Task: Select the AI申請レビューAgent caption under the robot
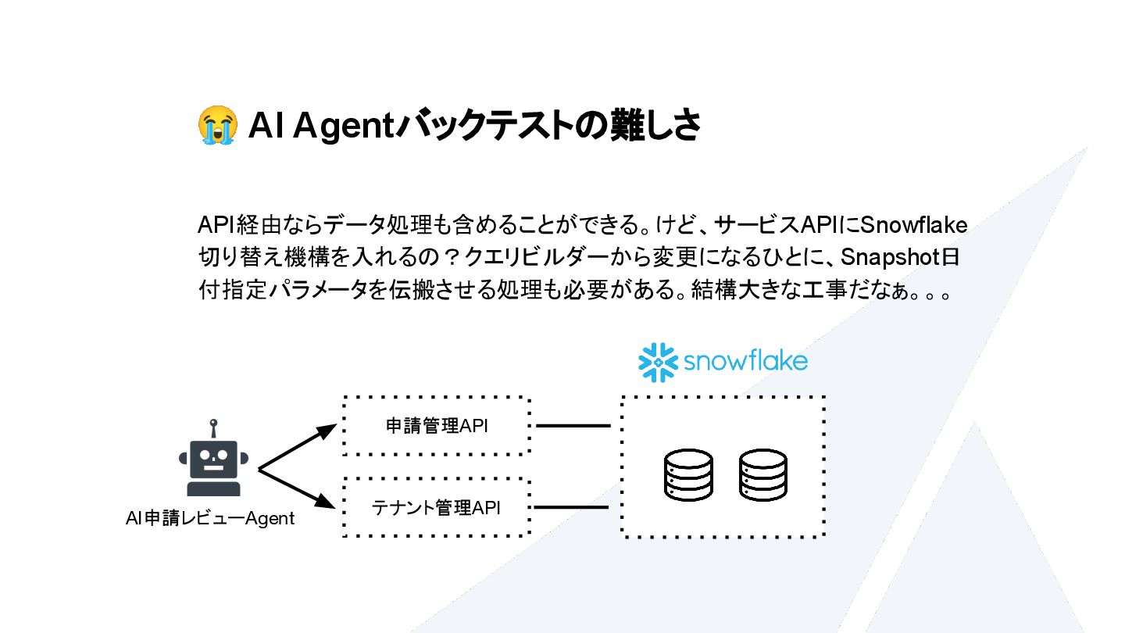click(x=210, y=518)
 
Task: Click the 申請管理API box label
click(x=437, y=426)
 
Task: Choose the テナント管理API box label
click(x=436, y=507)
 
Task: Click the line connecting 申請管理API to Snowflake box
click(x=573, y=426)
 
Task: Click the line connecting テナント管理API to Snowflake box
click(x=571, y=507)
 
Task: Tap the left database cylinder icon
click(x=688, y=474)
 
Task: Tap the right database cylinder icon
click(x=763, y=474)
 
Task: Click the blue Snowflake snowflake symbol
click(x=657, y=362)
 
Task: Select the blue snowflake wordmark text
click(x=745, y=362)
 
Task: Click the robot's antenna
click(x=212, y=430)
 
